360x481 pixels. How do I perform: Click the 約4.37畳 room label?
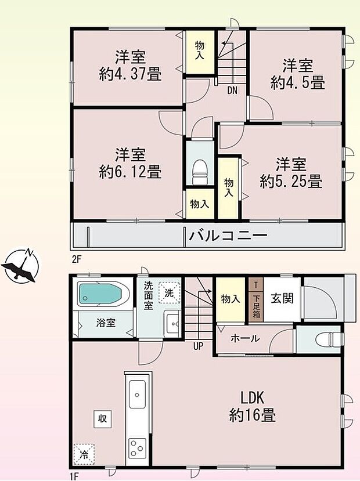click(129, 66)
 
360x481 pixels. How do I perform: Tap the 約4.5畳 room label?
click(297, 74)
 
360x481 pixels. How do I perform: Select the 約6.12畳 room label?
click(129, 163)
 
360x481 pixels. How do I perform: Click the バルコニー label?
click(227, 236)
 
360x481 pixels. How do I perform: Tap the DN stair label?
click(232, 90)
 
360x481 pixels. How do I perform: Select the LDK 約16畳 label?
click(253, 406)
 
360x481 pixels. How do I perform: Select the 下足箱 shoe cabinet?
click(255, 305)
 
